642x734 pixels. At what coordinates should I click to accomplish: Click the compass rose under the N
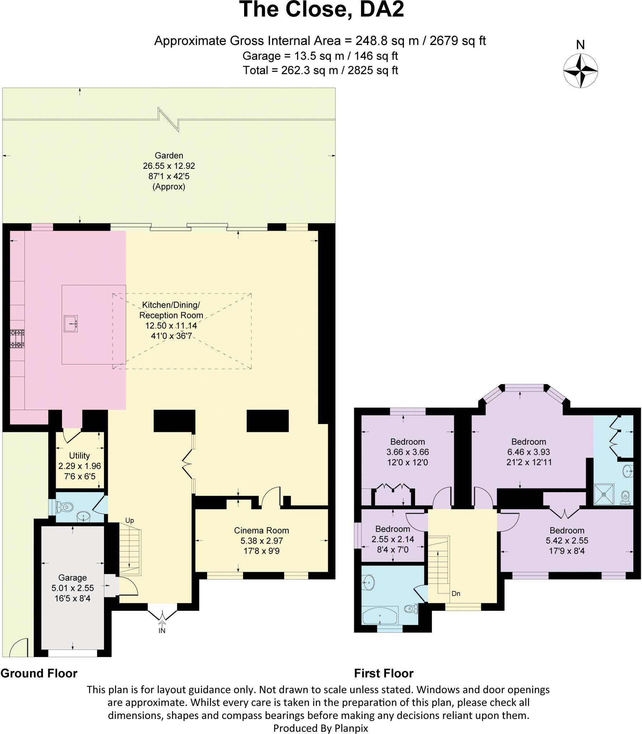coord(580,71)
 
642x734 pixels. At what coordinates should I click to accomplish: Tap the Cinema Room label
coord(261,530)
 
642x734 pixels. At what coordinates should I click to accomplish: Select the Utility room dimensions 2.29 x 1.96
coord(80,466)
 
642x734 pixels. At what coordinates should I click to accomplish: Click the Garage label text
coord(72,578)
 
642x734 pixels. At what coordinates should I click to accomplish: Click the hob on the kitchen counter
coord(17,339)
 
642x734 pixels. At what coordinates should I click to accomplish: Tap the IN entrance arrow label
coord(162,630)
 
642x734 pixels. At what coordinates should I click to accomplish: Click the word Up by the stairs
coord(129,520)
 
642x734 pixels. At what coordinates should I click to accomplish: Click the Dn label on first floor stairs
coord(456,594)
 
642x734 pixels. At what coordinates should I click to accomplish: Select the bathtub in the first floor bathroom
coord(380,616)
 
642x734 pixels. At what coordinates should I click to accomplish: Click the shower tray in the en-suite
coord(604,494)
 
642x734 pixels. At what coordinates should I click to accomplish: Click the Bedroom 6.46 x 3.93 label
coord(529,442)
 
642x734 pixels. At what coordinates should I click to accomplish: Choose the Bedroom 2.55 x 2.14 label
coord(393,529)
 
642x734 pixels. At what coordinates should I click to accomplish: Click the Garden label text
coord(169,156)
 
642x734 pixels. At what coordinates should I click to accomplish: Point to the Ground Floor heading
coord(39,673)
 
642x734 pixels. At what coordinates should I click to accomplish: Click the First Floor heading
coord(384,673)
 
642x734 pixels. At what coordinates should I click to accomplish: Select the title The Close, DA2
coord(322,10)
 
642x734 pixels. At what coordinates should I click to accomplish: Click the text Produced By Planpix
coord(320,728)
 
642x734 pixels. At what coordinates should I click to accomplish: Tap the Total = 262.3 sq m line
coord(320,70)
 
